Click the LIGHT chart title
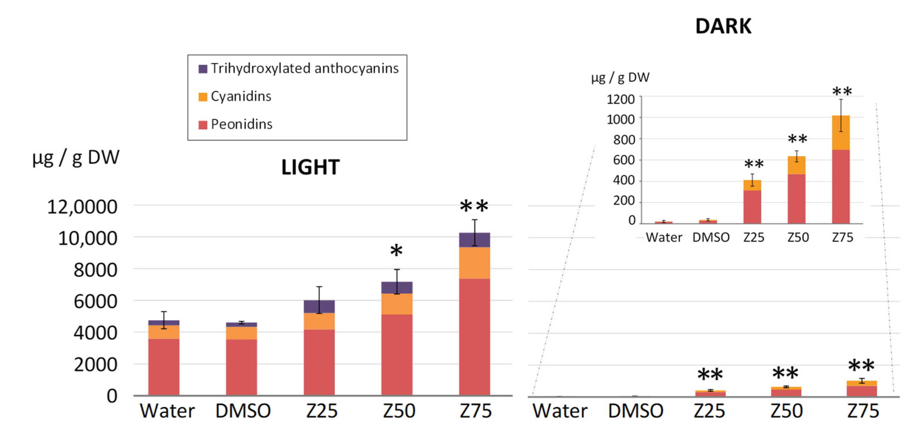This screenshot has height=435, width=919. [x=310, y=167]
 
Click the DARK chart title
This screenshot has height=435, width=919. [x=723, y=26]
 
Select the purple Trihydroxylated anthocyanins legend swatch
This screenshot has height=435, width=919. [x=203, y=69]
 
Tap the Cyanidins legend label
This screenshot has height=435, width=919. [x=241, y=96]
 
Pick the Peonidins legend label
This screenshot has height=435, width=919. [x=241, y=124]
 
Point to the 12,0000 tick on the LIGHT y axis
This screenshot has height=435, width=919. [x=82, y=207]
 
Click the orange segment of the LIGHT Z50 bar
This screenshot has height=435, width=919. [x=396, y=304]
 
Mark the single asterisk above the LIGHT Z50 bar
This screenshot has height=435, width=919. [x=396, y=251]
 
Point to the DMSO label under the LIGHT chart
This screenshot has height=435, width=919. [x=243, y=411]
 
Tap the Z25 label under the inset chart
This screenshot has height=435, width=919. [x=754, y=237]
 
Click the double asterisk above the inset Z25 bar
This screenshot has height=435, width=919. [x=754, y=164]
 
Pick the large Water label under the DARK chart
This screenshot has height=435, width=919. [x=560, y=411]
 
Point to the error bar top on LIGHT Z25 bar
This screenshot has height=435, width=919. [x=319, y=287]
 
